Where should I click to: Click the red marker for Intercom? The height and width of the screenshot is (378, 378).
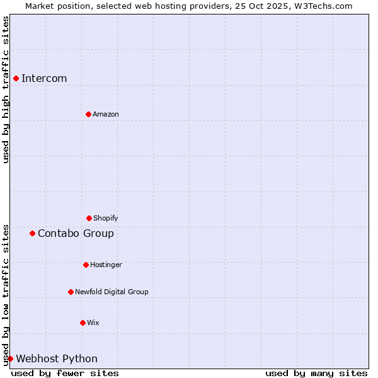(16, 78)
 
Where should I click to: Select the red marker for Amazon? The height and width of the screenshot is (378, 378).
(88, 114)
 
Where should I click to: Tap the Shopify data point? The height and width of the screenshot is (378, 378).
(89, 218)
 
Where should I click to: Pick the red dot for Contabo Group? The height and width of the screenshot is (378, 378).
(32, 233)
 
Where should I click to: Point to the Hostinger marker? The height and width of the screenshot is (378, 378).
(86, 265)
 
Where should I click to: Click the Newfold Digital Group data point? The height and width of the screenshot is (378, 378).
(71, 292)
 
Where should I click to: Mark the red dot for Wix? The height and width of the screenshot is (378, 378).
(83, 323)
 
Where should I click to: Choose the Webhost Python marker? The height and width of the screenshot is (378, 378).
(10, 358)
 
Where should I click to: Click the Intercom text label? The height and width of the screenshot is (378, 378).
(44, 78)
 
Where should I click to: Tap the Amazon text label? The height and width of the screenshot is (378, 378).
(106, 114)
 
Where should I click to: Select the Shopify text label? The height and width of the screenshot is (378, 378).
(106, 218)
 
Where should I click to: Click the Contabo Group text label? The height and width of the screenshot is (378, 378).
(76, 233)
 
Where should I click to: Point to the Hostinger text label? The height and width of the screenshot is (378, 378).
(106, 265)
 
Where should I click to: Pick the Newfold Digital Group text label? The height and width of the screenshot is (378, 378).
(112, 292)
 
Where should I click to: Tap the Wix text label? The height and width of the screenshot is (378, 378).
(93, 323)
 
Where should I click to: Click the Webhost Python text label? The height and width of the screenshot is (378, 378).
(57, 358)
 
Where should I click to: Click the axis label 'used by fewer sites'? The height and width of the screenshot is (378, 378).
(65, 373)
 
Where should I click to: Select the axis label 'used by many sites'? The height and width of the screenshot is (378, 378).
(316, 373)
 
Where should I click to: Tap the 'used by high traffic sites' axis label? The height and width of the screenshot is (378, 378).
(6, 89)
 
